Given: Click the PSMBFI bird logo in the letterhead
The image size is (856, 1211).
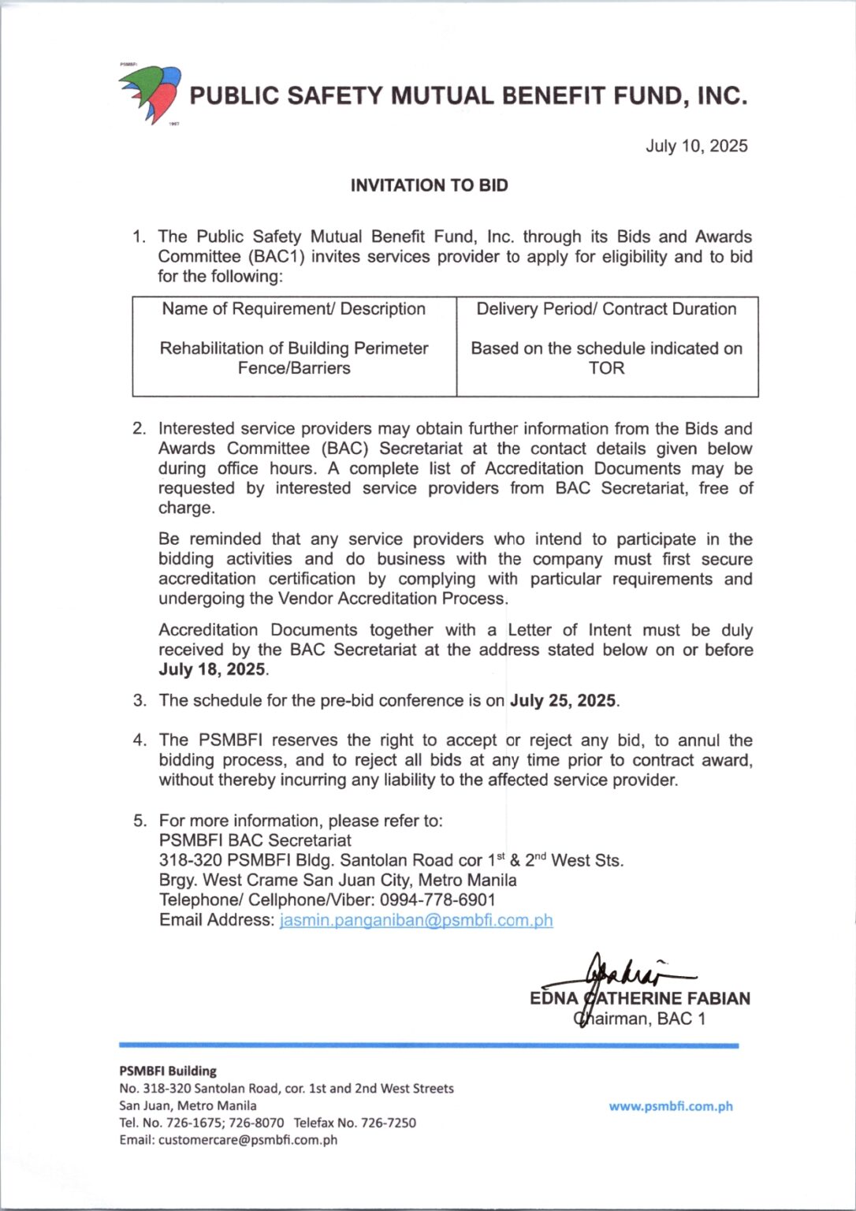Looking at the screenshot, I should [151, 94].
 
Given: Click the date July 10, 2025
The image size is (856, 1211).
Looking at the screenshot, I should [696, 146].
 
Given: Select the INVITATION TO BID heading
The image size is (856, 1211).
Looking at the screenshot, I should [429, 185].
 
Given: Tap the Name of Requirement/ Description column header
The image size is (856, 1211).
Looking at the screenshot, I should [293, 309].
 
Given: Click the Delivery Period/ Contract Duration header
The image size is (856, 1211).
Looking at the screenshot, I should [606, 309].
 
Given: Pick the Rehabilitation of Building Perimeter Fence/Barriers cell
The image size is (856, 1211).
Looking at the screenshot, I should [294, 358].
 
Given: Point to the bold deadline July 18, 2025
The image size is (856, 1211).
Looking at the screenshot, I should [212, 669].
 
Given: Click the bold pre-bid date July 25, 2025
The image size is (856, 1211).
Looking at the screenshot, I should [563, 701].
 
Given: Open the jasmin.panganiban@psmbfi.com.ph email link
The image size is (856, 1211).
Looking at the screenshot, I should [416, 920].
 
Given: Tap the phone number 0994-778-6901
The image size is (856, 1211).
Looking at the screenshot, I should [437, 900].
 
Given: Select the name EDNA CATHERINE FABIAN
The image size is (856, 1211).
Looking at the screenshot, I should [639, 999].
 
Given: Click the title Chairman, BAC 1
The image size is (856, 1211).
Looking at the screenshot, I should [639, 1019].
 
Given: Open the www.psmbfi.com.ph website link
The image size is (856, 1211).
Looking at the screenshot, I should [670, 1106].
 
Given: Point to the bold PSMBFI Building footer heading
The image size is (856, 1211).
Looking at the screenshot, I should [168, 1071].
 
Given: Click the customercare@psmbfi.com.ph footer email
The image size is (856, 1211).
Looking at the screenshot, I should [247, 1140].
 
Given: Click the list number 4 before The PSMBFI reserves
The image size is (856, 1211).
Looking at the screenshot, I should [140, 740].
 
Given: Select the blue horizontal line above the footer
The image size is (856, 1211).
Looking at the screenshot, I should [429, 1045].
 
